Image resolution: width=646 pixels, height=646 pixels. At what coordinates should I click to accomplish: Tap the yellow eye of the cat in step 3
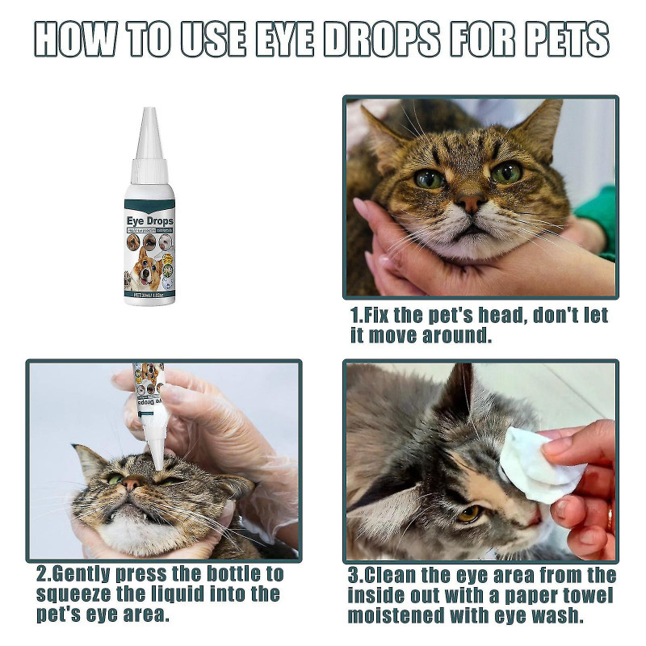click(x=468, y=513)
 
